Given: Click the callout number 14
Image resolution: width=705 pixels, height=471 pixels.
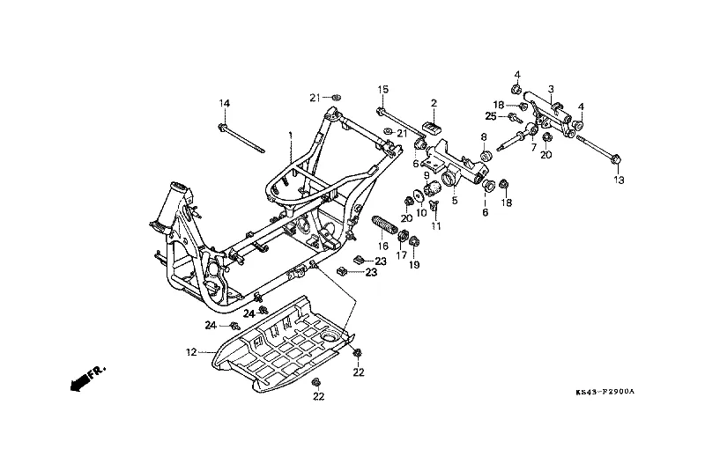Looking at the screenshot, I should pos(224,104).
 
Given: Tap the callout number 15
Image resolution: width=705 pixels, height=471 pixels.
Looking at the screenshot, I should pos(383,90).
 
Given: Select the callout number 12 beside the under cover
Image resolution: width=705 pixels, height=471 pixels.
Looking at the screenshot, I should pos(191,352).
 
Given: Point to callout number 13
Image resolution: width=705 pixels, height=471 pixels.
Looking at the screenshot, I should pos(618,180).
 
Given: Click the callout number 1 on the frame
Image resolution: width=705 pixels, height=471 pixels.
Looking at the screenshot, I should pos(290,135).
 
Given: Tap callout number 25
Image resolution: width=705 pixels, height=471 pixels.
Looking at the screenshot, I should pos(490,116).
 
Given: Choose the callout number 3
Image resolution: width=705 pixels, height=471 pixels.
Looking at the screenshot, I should pos(550,89).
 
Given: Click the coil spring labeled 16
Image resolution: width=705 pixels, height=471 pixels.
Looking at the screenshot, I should pos(383,226).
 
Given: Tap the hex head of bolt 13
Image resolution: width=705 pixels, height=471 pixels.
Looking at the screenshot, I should pos(617,159).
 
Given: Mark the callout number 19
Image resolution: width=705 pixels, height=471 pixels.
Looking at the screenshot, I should pos(414,264).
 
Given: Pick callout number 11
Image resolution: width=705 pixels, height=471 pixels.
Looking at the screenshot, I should pos(436,226).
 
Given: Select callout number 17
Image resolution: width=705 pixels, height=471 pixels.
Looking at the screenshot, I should pos(402,256).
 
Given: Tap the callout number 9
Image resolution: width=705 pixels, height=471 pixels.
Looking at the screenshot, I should pos(426,175).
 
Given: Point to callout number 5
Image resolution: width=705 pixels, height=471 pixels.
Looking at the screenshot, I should pos(454,201).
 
